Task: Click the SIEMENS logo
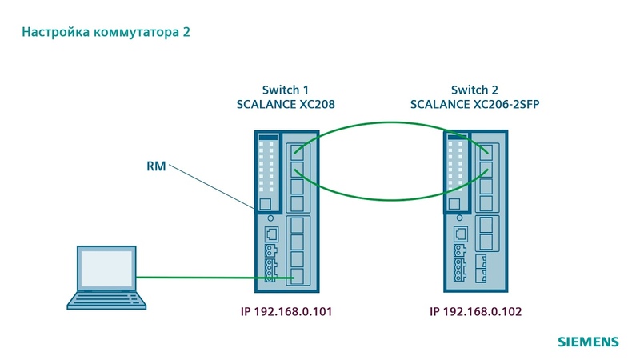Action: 588,342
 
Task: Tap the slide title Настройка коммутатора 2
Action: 106,32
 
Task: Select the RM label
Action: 156,166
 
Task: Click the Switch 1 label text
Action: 286,90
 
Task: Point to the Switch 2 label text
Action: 474,90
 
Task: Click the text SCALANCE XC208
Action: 286,104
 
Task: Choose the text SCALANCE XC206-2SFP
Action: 474,104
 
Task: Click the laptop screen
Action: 106,268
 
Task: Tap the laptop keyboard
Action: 106,301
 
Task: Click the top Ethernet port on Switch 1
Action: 297,152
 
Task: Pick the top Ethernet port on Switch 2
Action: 486,152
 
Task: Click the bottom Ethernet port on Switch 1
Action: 297,276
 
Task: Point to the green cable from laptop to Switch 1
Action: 215,278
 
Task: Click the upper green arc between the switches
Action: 390,122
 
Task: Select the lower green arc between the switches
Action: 390,199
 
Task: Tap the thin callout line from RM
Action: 211,186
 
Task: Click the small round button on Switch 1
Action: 270,218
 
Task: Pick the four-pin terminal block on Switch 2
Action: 459,270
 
